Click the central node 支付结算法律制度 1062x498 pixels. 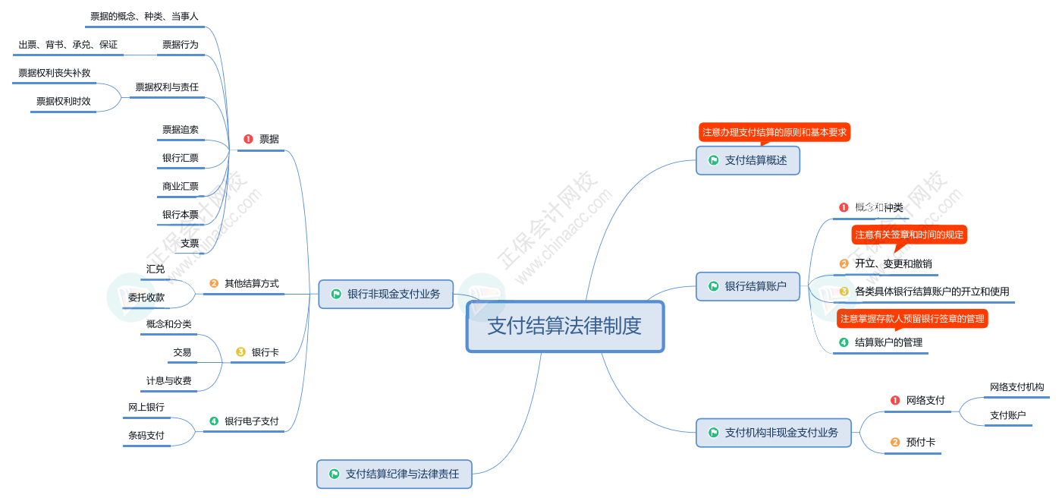pos(565,326)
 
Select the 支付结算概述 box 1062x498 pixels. pos(748,160)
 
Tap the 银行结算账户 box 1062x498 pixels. pos(748,286)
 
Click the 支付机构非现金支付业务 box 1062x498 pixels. pos(773,433)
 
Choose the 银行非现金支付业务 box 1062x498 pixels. pos(386,294)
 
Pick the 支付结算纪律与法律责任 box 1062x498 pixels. pos(394,474)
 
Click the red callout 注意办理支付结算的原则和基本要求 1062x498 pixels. pos(775,132)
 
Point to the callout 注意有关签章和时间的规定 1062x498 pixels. pos(909,235)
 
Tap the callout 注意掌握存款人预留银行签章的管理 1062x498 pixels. pos(912,319)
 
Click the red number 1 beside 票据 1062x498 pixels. pos(248,139)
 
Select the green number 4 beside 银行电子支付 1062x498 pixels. pos(214,421)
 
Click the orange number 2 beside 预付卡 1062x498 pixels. pos(895,442)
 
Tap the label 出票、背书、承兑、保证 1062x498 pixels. pos(68,45)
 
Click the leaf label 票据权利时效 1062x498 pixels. pos(64,101)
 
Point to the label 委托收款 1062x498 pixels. pos(146,298)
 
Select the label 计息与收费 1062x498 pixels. pos(168,381)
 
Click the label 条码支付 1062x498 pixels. pos(146,436)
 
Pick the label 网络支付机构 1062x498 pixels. pos(1017,387)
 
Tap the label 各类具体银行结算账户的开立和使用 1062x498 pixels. pos(932,292)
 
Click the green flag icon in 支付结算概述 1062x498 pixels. pos(713,160)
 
